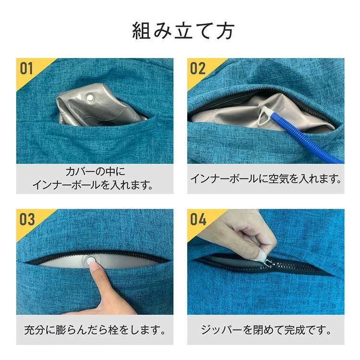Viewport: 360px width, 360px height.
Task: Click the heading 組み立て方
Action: pos(183,31)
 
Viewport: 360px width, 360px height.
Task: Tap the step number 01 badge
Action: pos(26,69)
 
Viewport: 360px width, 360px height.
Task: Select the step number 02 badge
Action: pos(198,69)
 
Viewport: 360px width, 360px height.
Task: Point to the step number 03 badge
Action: pos(27,219)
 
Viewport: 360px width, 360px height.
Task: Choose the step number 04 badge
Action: pos(198,219)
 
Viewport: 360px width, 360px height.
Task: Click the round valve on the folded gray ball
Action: pos(90,98)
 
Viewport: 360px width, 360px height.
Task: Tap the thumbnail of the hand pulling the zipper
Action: pos(262,254)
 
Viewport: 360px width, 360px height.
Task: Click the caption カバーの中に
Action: pos(95,171)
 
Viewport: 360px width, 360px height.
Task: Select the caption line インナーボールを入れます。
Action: pos(93,185)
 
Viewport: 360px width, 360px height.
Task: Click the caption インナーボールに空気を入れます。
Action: pos(266,179)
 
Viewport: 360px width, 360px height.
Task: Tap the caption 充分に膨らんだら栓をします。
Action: pos(95,330)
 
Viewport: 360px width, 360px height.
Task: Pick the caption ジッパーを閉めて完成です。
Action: pos(266,330)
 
